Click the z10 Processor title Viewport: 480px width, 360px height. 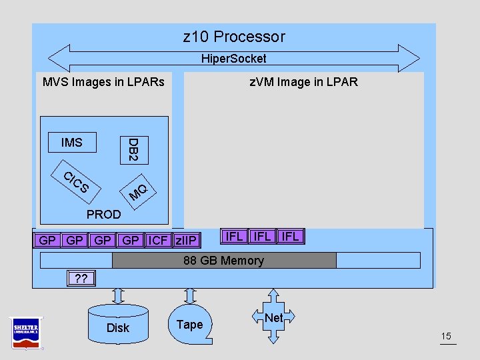(x=234, y=37)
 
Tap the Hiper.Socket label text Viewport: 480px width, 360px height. (x=234, y=59)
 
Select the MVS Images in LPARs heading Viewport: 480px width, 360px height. (x=103, y=82)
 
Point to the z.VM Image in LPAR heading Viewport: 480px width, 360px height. (x=303, y=82)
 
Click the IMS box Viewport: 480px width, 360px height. (x=72, y=143)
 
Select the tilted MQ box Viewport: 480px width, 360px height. (x=138, y=191)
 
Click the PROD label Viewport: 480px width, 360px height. (x=104, y=215)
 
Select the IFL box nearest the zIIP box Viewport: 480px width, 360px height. (x=235, y=237)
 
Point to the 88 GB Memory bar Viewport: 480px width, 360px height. (x=224, y=260)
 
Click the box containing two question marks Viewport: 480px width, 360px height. (x=81, y=278)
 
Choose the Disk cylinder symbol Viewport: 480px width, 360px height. (x=117, y=325)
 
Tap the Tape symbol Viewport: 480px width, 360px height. (x=189, y=323)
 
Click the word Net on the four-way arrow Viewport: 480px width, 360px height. (x=273, y=318)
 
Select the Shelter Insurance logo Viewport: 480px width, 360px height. (x=26, y=331)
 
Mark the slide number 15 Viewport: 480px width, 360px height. (x=447, y=336)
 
